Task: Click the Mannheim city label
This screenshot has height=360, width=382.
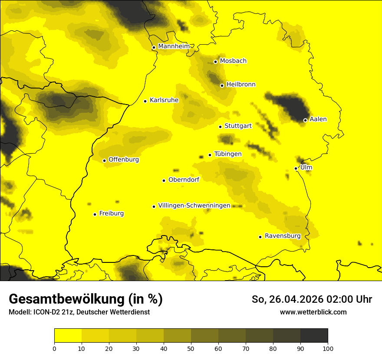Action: [174, 46]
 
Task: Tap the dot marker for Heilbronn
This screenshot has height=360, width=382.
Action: [222, 85]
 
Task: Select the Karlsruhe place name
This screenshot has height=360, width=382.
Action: [164, 100]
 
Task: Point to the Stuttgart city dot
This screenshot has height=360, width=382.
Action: [220, 127]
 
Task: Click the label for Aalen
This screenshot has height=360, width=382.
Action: [318, 119]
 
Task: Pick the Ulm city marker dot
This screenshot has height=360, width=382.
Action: [296, 168]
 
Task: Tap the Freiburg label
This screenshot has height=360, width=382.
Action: [111, 213]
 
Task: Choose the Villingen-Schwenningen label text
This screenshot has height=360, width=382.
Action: [194, 206]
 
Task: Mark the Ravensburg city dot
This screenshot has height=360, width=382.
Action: [260, 237]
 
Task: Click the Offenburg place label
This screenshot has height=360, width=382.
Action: [124, 160]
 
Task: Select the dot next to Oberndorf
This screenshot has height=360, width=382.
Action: [164, 180]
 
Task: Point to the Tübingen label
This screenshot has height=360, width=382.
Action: [228, 154]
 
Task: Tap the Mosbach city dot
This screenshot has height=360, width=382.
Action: [215, 62]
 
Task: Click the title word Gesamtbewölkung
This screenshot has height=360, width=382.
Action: [64, 299]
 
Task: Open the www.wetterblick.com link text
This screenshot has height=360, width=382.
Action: [313, 312]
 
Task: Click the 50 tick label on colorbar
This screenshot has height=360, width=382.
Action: [191, 348]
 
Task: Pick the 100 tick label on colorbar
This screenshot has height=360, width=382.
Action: [328, 348]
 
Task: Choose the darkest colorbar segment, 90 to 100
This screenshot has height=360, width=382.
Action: [314, 336]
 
